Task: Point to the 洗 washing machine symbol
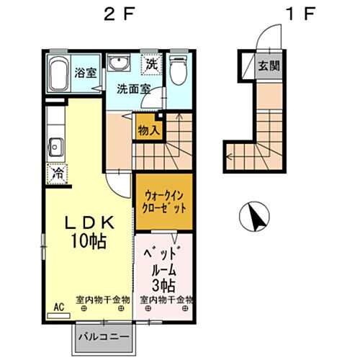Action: [x=152, y=64]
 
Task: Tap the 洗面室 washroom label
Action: [x=134, y=90]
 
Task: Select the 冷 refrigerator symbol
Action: [x=55, y=174]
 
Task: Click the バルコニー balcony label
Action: [x=104, y=336]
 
